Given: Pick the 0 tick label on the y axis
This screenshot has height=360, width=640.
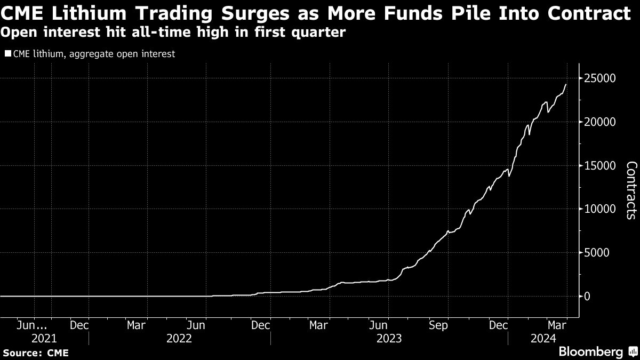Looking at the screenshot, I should [x=587, y=296].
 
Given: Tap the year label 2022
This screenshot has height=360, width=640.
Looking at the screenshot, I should [x=180, y=338].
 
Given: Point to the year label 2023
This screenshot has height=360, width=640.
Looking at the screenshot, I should [x=390, y=338].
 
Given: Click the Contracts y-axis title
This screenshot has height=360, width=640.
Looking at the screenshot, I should [x=630, y=190].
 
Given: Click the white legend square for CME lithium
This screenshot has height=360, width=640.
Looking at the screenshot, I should [x=7, y=54].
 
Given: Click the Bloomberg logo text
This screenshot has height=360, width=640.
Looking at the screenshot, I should [x=590, y=351].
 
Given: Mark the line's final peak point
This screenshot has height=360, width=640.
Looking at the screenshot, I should [x=566, y=84].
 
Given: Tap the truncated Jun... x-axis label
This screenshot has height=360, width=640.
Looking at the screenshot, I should [x=34, y=324].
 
